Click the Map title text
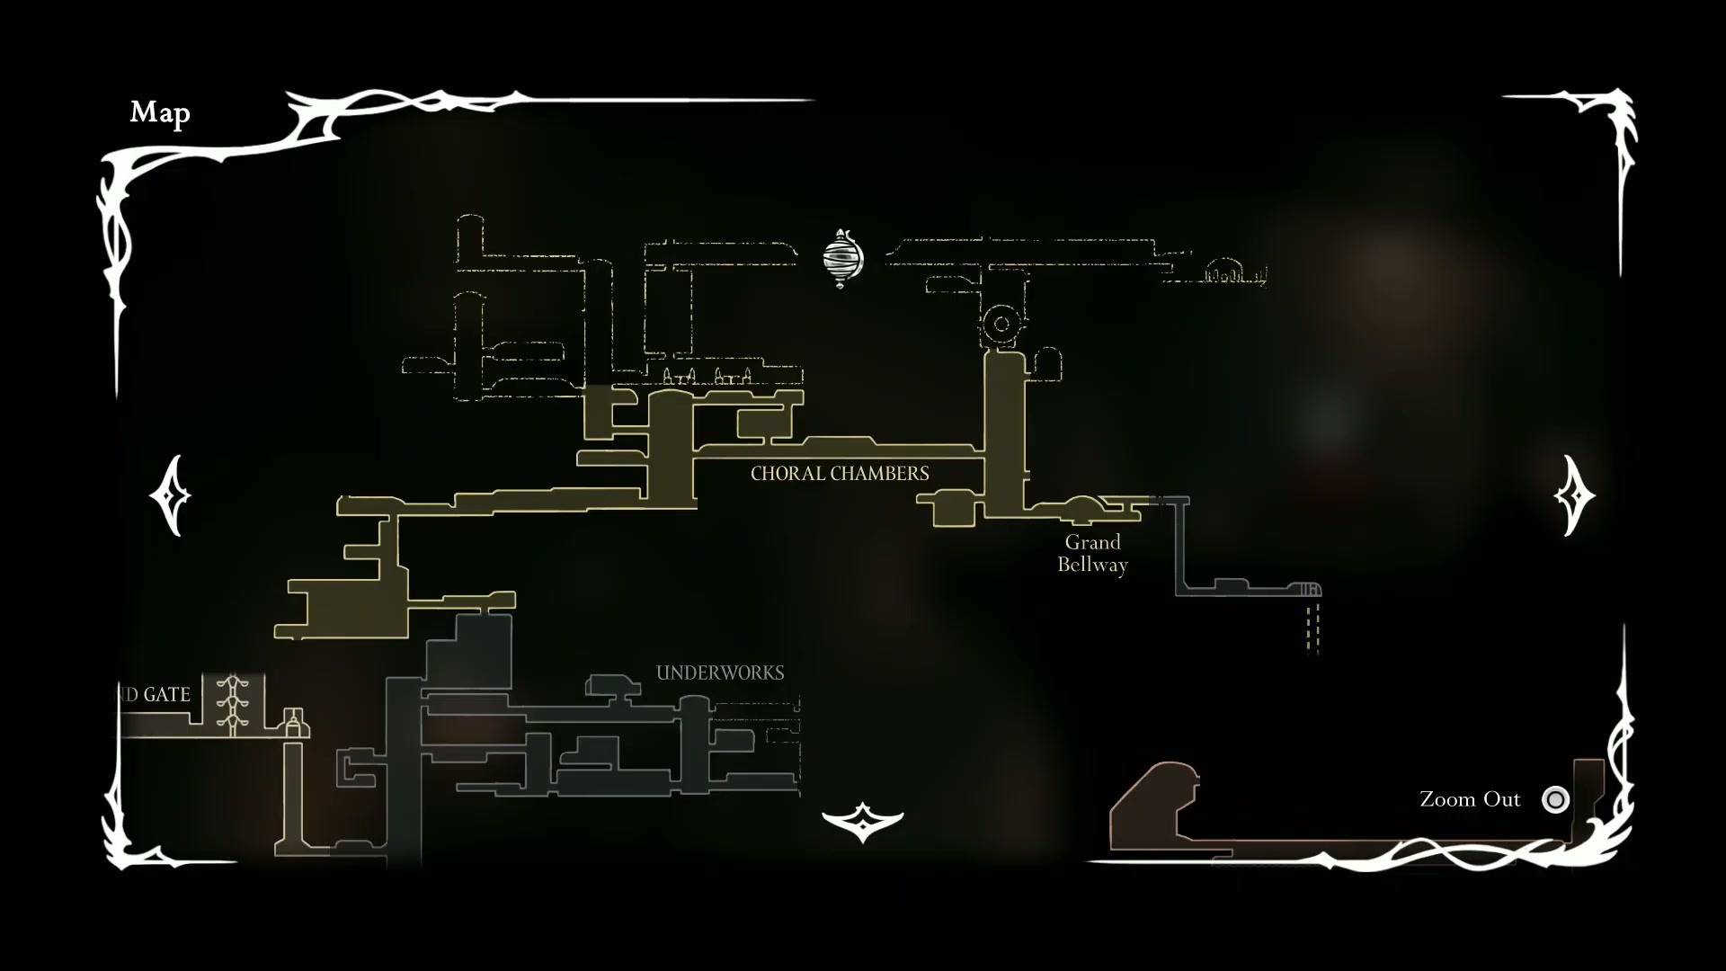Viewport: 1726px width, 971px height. (x=160, y=112)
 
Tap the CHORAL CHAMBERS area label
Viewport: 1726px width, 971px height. (x=840, y=473)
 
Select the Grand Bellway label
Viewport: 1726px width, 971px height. (x=1092, y=553)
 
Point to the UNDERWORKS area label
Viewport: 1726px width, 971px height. (x=720, y=673)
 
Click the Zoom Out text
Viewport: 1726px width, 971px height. (x=1470, y=799)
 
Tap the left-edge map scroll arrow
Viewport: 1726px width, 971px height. (x=170, y=495)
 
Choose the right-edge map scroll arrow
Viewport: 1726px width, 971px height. (x=1574, y=495)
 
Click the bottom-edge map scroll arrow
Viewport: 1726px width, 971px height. (x=862, y=821)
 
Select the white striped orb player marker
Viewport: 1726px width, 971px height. (x=842, y=258)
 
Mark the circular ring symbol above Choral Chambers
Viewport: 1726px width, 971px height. (x=1001, y=324)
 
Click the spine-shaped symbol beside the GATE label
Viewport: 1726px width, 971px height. (x=233, y=704)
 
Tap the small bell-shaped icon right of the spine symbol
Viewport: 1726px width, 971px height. (x=292, y=721)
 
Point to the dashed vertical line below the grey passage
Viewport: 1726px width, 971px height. (x=1312, y=627)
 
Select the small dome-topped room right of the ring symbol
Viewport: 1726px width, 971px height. (x=1048, y=364)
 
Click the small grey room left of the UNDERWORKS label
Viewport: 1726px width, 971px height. (x=613, y=686)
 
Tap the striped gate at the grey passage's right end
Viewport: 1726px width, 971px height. (x=1308, y=590)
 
